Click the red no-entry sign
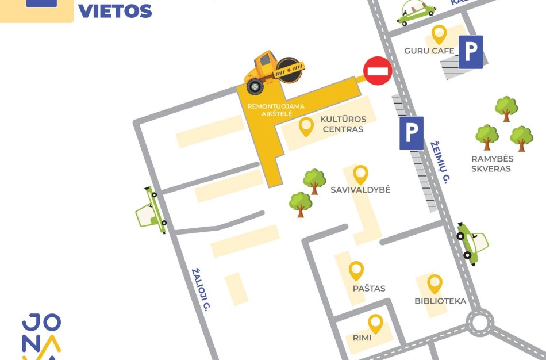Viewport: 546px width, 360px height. pyautogui.click(x=378, y=71)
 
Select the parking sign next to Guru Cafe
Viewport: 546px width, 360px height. pyautogui.click(x=471, y=52)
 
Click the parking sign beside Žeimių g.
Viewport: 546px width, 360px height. pyautogui.click(x=412, y=133)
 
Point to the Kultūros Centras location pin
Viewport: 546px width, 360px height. pyautogui.click(x=306, y=127)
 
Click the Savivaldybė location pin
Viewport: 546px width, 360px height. pyautogui.click(x=360, y=174)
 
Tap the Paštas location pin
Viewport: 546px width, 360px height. pyautogui.click(x=356, y=271)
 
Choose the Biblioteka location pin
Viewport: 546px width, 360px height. pyautogui.click(x=435, y=284)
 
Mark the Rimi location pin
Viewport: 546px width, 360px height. pyautogui.click(x=376, y=323)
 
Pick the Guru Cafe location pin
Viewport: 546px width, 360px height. pyautogui.click(x=439, y=35)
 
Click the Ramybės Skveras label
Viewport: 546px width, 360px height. pyautogui.click(x=491, y=164)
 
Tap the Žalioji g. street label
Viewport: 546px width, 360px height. pyautogui.click(x=200, y=292)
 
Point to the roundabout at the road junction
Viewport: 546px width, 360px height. pyautogui.click(x=479, y=323)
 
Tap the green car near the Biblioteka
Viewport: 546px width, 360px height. pyautogui.click(x=472, y=242)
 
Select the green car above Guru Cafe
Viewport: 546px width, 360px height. pyautogui.click(x=416, y=13)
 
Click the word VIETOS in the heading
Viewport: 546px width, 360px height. pyautogui.click(x=115, y=10)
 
